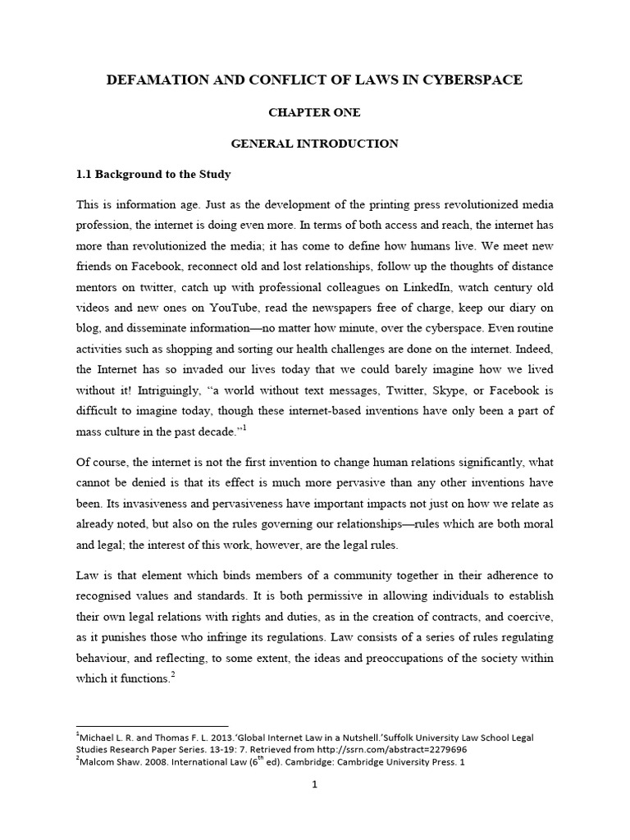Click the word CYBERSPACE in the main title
(x=470, y=80)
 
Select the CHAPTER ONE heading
(x=315, y=112)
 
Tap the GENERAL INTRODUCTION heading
(x=315, y=144)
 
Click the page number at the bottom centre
(x=315, y=806)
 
